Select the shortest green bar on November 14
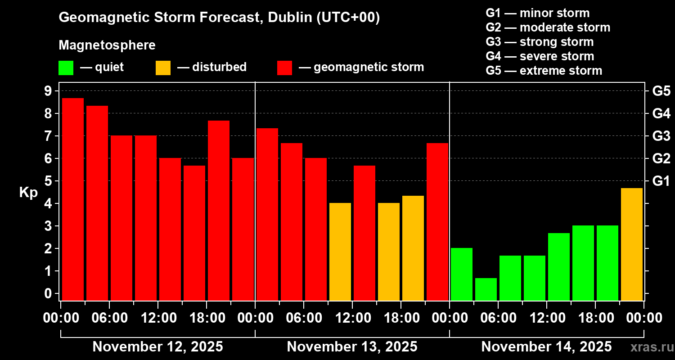click(x=486, y=289)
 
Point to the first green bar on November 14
click(x=462, y=274)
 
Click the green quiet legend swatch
click(x=66, y=68)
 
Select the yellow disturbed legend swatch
click(x=163, y=68)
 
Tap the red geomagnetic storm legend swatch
click(x=284, y=68)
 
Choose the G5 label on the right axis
click(x=661, y=91)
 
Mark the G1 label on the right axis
click(x=661, y=181)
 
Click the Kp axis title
click(x=28, y=192)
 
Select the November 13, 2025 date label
click(x=352, y=347)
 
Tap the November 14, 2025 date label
click(x=546, y=347)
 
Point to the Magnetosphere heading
click(x=107, y=45)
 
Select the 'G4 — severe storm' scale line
click(x=540, y=56)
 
